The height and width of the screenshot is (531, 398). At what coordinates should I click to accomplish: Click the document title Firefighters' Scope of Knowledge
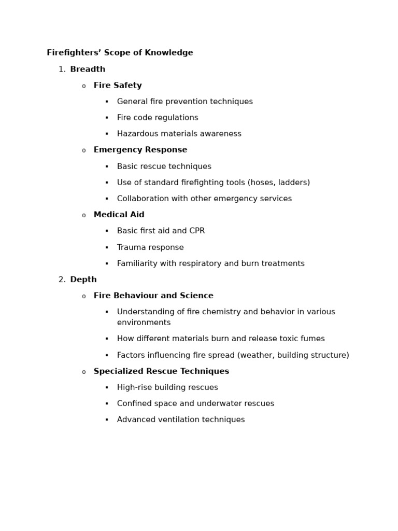tap(120, 53)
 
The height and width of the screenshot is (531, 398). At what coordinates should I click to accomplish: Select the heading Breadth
tap(88, 69)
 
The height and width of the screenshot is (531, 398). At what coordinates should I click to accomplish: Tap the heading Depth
tap(83, 280)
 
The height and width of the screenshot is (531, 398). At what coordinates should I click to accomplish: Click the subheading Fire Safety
tap(118, 86)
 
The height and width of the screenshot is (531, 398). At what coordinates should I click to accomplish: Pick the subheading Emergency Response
tap(140, 150)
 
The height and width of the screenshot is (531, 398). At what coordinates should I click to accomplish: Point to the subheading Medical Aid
tap(119, 215)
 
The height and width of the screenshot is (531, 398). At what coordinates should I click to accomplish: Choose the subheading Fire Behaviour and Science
tap(153, 296)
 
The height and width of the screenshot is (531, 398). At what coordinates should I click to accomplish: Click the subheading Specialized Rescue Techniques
tap(161, 372)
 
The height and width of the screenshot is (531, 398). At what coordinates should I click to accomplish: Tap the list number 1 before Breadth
tap(62, 69)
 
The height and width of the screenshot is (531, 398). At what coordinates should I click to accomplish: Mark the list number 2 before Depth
tap(62, 280)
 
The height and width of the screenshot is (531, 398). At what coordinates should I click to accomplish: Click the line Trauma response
tap(150, 248)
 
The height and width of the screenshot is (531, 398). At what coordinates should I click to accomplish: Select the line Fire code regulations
tap(158, 118)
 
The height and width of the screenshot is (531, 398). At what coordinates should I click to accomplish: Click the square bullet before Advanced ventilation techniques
tap(107, 420)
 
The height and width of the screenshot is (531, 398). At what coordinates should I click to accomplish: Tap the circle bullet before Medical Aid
tap(83, 216)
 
